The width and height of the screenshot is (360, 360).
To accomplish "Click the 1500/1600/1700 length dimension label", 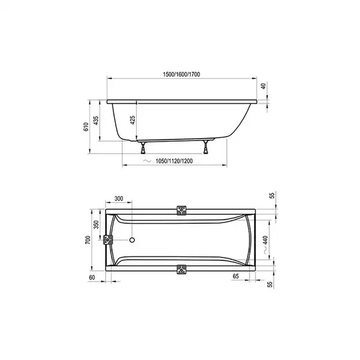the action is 181,74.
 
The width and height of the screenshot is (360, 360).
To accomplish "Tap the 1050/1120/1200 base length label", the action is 174,161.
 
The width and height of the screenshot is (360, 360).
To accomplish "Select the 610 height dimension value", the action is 86,127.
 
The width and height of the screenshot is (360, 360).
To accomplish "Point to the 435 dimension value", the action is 96,121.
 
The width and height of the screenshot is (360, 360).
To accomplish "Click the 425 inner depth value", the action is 133,120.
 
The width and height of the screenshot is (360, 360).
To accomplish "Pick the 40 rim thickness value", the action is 263,86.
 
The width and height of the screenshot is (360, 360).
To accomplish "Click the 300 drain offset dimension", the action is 119,199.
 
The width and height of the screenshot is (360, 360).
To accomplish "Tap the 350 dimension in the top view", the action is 97,224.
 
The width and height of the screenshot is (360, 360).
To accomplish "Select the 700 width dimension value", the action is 88,240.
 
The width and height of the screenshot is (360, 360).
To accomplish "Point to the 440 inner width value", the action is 265,240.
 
